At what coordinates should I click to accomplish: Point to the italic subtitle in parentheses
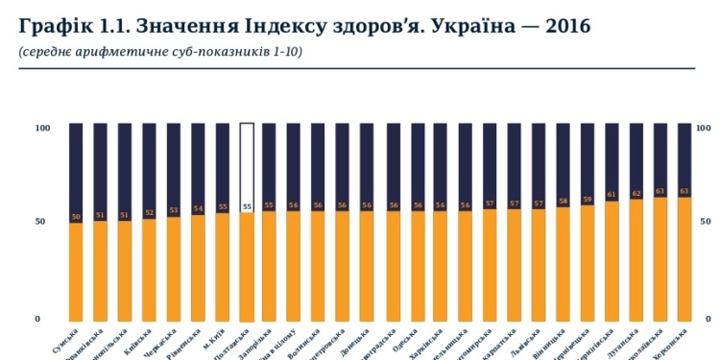(x=160, y=51)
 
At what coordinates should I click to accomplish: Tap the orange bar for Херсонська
(x=684, y=259)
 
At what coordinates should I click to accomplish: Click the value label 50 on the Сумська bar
(x=76, y=217)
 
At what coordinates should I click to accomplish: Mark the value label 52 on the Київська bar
(x=149, y=213)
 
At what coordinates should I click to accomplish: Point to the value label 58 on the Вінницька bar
(x=563, y=202)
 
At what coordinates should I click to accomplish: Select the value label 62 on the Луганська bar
(x=636, y=194)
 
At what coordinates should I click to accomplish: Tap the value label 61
(x=612, y=196)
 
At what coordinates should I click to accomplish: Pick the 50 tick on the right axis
(x=707, y=221)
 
